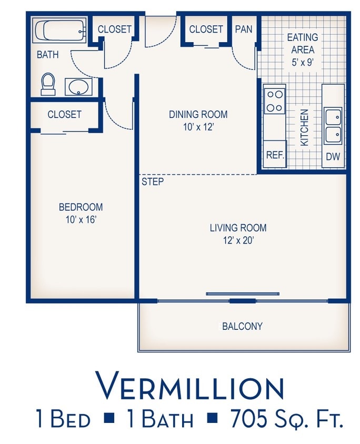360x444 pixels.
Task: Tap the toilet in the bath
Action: (48, 84)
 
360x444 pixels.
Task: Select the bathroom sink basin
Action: (78, 86)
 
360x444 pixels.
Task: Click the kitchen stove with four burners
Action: (275, 100)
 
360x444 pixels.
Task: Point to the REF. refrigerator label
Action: (275, 155)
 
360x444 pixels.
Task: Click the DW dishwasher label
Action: (333, 156)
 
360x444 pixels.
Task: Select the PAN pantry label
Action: (243, 29)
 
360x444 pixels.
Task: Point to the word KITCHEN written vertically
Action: (304, 127)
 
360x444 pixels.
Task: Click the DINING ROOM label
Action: (198, 114)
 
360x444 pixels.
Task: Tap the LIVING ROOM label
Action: (238, 228)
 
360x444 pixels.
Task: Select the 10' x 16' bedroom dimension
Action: (81, 219)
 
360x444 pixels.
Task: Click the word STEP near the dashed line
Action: (153, 182)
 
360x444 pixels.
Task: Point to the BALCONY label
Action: (242, 326)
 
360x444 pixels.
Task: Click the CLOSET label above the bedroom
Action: (64, 114)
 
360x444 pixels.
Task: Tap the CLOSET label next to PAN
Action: (206, 29)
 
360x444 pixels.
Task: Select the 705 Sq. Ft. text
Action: (287, 419)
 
